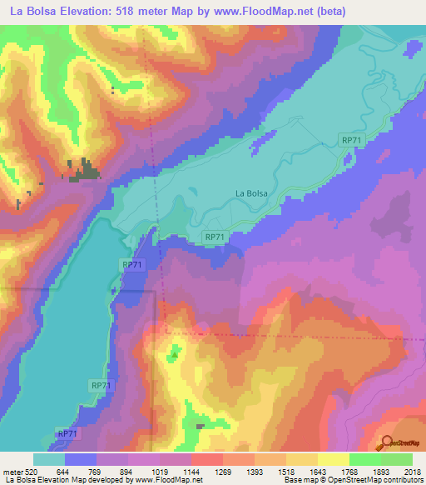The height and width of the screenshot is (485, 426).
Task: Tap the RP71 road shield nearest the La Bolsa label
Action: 215,237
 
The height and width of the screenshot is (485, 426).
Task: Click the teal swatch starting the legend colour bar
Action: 49,459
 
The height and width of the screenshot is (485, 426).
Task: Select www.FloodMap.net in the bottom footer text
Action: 157,480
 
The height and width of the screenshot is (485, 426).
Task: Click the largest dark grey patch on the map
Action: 85,172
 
